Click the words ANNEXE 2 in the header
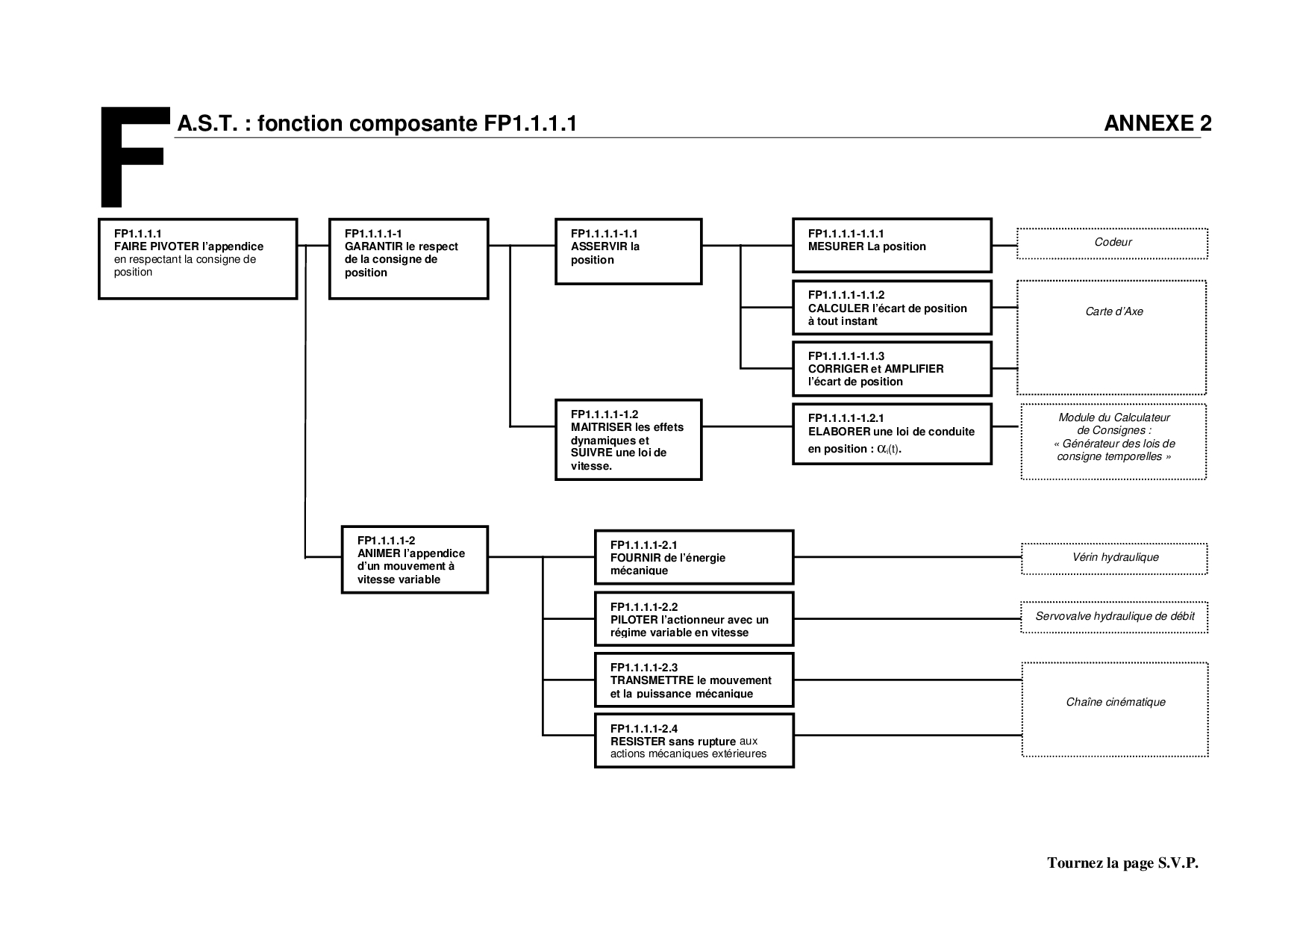point(1158,124)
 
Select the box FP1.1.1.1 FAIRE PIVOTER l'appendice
point(198,258)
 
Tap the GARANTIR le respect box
point(409,258)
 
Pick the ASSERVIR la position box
point(628,251)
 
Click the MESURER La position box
point(892,245)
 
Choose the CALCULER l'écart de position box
point(892,308)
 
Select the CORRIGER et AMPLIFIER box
point(892,369)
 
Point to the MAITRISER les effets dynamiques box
point(628,440)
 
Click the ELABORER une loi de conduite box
point(892,434)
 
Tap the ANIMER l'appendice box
point(414,559)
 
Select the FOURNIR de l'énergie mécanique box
point(693,557)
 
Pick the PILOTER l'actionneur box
point(693,619)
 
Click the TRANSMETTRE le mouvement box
point(693,680)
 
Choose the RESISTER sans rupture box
point(693,741)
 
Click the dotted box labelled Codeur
point(1112,243)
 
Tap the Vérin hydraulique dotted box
point(1113,558)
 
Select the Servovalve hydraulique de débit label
point(1114,617)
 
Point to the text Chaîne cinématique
point(1115,703)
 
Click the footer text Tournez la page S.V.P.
point(1122,863)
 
